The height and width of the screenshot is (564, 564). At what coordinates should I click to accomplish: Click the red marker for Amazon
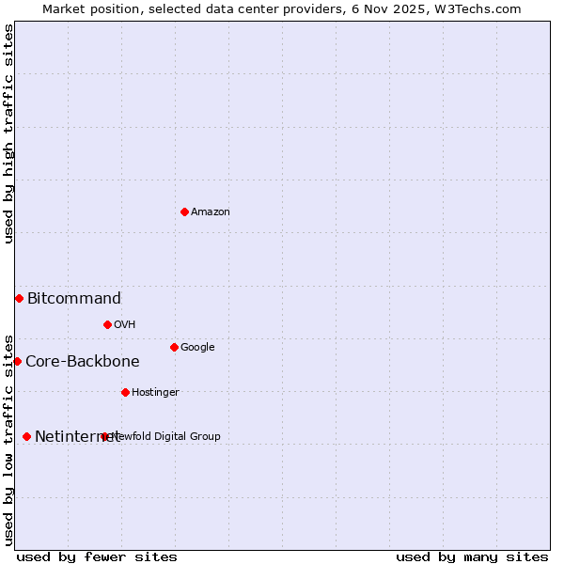coord(184,211)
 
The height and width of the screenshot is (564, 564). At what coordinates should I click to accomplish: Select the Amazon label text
coord(211,211)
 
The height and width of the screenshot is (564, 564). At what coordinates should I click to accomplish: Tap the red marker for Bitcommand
coord(19,298)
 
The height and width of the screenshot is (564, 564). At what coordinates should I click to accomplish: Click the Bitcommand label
coord(74,299)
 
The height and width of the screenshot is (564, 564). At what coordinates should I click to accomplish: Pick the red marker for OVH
coord(107,324)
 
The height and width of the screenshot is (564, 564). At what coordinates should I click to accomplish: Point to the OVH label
coord(125,324)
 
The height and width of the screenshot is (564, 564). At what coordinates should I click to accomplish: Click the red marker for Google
coord(174,347)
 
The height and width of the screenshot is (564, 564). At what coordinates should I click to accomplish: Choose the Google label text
coord(197,347)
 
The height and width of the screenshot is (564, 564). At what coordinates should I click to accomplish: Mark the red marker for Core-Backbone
coord(17,361)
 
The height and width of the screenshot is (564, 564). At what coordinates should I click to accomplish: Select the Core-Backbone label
coord(83,362)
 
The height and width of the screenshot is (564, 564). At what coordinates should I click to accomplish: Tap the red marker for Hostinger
coord(125,392)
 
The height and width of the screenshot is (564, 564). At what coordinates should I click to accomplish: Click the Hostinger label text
coord(155,392)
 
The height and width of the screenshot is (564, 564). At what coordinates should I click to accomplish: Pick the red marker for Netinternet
coord(26,436)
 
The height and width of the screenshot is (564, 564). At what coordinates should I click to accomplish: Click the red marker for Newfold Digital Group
coord(104,436)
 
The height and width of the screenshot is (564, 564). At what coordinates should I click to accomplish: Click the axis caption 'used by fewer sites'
coord(97,556)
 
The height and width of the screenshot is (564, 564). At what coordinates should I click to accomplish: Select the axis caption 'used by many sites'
coord(472,556)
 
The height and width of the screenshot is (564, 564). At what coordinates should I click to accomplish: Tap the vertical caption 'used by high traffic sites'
coord(8,134)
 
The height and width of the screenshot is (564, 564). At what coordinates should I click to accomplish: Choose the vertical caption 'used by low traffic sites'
coord(8,439)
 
